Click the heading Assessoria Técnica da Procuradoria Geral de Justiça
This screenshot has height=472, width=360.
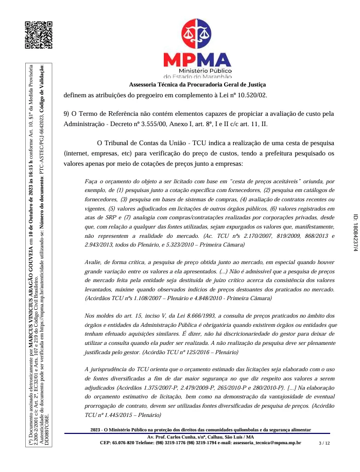[x=197, y=84]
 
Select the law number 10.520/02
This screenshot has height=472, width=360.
[x=259, y=95]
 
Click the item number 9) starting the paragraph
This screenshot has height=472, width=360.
[x=67, y=114]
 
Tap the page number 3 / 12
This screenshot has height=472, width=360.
[x=324, y=457]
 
